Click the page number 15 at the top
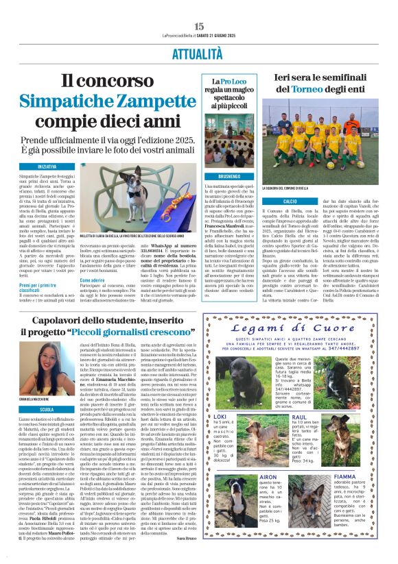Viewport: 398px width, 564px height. (199, 26)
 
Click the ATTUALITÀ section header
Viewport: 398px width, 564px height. (199, 52)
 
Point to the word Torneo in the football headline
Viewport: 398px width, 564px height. (320, 89)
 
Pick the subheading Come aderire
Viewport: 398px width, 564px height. (92, 280)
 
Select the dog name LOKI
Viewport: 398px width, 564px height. (220, 416)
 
